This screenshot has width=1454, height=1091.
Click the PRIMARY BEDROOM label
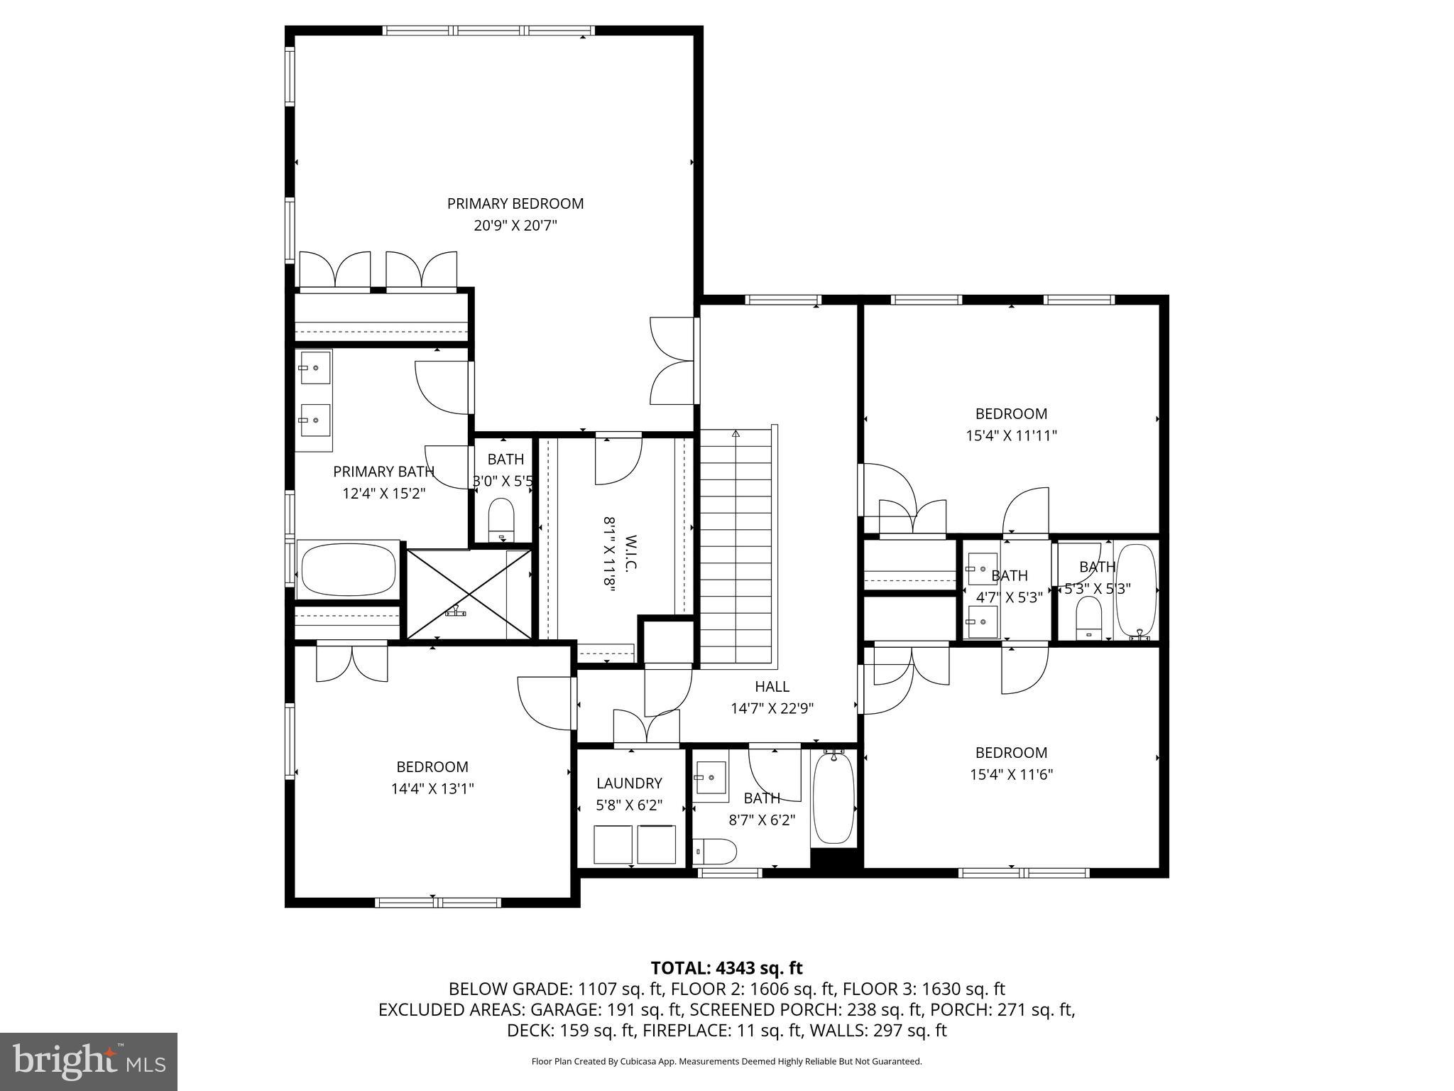pyautogui.click(x=515, y=204)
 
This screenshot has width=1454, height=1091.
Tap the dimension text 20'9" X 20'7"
pyautogui.click(x=515, y=226)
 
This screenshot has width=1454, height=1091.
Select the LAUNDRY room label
pyautogui.click(x=629, y=783)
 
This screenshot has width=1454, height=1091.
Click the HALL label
pyautogui.click(x=772, y=686)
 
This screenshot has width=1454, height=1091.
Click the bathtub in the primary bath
pyautogui.click(x=348, y=570)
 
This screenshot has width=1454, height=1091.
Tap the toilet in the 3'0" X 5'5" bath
pyautogui.click(x=501, y=519)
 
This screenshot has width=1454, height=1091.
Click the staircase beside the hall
pyautogui.click(x=736, y=547)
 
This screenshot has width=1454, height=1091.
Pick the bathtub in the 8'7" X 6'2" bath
pyautogui.click(x=833, y=798)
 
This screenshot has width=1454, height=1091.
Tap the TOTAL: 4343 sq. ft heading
pyautogui.click(x=726, y=967)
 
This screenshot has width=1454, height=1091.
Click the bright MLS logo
pyautogui.click(x=89, y=1061)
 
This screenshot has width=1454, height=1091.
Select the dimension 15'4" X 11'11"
pyautogui.click(x=1011, y=435)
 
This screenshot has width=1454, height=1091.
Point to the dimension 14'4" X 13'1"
pyautogui.click(x=432, y=788)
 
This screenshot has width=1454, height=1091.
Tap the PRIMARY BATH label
pyautogui.click(x=383, y=472)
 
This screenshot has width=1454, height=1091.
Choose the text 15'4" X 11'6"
pyautogui.click(x=1011, y=774)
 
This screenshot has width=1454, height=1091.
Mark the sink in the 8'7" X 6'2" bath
pyautogui.click(x=710, y=780)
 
